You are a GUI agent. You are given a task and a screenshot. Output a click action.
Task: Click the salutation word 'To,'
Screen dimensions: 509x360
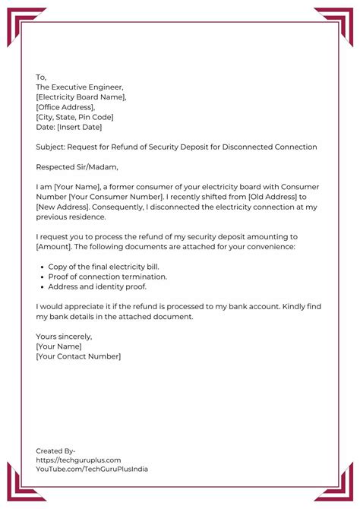pos(41,77)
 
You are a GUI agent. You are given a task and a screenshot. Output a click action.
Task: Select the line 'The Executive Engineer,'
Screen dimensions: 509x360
pos(80,87)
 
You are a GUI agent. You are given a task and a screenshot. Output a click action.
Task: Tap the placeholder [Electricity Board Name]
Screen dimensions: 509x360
pos(81,97)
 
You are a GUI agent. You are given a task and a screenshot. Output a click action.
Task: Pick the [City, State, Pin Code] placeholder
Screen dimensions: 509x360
pos(74,117)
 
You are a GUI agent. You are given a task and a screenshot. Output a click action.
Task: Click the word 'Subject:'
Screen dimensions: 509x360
pos(52,147)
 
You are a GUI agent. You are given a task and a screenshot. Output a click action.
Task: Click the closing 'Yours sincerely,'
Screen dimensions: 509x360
pos(64,336)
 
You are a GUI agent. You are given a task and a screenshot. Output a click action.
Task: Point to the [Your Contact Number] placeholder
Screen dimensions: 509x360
pos(78,356)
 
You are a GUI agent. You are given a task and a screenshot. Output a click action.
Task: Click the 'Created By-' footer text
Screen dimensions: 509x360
pos(55,451)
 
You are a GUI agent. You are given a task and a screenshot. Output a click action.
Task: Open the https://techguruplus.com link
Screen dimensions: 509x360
pos(78,460)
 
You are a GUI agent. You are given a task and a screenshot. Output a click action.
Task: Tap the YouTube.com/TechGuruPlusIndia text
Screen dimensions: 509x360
pos(92,469)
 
